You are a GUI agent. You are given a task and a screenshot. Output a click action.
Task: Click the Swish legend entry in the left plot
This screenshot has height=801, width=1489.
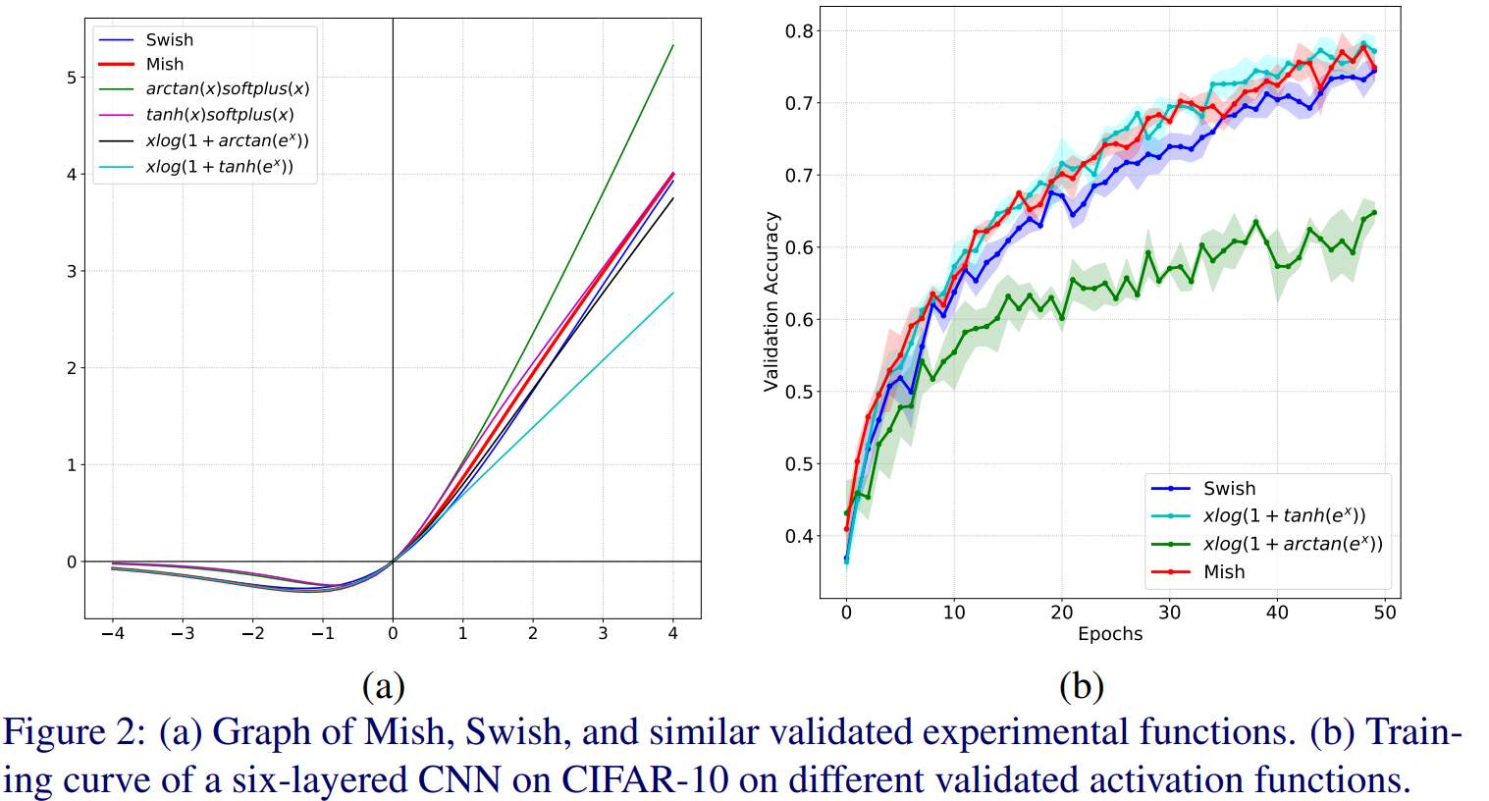tap(169, 40)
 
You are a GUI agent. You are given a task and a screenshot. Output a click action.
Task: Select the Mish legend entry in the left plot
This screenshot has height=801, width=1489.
tap(164, 65)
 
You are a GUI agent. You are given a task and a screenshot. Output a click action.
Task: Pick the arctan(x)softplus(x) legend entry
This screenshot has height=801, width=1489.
tap(227, 89)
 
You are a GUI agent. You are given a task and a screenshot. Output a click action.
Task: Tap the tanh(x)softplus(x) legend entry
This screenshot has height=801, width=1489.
tap(219, 115)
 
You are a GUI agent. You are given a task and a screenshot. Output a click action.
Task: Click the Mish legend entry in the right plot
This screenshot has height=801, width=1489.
tap(1223, 571)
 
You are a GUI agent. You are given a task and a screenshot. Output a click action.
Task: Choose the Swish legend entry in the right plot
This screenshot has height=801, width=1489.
tap(1229, 489)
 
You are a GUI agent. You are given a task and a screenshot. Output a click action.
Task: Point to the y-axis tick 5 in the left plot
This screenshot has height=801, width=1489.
tap(71, 78)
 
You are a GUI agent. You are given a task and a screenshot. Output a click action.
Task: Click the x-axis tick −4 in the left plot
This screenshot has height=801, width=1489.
tap(113, 634)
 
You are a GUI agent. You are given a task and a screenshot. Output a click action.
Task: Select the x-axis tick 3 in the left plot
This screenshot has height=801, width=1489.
tap(603, 634)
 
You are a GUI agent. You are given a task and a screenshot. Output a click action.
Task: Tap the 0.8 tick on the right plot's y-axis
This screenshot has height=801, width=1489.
tap(799, 31)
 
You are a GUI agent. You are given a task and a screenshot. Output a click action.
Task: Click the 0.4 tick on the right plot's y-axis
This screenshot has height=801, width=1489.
tap(799, 536)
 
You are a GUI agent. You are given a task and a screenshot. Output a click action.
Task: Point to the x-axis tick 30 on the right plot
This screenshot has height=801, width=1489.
tap(1169, 613)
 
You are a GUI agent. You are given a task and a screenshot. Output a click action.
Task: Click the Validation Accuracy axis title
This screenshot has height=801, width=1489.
tap(771, 301)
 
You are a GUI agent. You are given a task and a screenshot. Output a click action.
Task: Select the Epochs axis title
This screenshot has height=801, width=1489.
tap(1110, 634)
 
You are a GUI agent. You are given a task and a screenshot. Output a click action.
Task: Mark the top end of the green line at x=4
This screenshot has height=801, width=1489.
tap(672, 45)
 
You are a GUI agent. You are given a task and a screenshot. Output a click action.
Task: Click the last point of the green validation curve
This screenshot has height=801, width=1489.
tap(1373, 212)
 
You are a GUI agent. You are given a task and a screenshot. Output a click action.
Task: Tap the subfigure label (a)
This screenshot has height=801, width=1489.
tap(383, 685)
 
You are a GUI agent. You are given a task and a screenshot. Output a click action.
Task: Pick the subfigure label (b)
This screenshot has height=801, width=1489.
tap(1081, 685)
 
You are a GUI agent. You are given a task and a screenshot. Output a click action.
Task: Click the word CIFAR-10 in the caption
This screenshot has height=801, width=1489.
tap(645, 779)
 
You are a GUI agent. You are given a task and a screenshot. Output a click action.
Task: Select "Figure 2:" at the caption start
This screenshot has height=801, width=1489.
tap(75, 732)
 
